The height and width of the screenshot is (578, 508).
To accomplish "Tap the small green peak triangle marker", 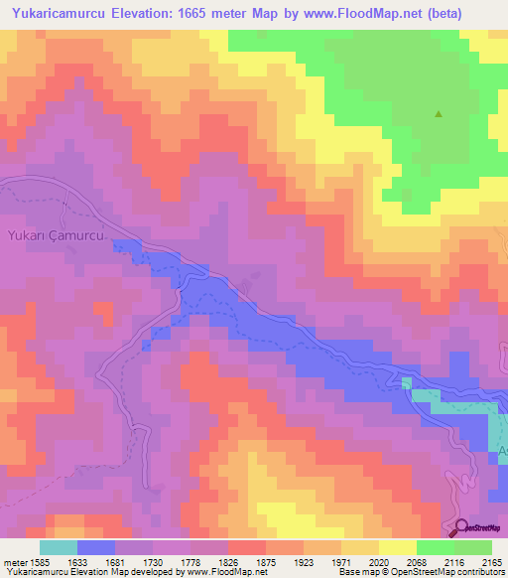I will pyautogui.click(x=438, y=114).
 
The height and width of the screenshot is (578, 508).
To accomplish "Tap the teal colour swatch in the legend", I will pyautogui.click(x=59, y=547).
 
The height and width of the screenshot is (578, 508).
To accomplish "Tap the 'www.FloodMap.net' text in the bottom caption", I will pyautogui.click(x=217, y=572).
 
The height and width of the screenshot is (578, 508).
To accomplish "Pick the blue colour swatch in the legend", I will pyautogui.click(x=96, y=547).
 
